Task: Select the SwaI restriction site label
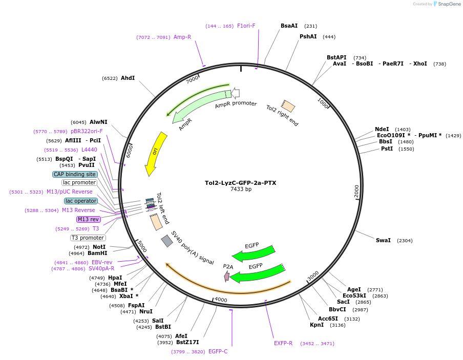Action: pos(383,240)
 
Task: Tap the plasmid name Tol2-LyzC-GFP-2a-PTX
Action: pos(241,183)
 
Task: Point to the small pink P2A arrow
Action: pos(227,277)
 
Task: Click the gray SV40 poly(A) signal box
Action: pos(167,241)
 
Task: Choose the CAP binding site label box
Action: pos(75,174)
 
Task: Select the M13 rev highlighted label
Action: pos(89,219)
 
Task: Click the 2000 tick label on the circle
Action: pos(356,191)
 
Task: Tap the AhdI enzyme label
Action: pos(128,78)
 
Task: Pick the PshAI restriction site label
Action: pos(308,37)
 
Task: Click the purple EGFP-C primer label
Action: pos(218,351)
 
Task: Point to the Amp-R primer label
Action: pos(182,37)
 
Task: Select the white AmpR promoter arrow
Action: pos(235,93)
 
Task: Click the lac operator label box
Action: pos(81,201)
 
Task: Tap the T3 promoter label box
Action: pos(88,238)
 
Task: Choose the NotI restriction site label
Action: pos(99,247)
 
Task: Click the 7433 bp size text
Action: pos(241,189)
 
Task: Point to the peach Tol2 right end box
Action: pos(288,105)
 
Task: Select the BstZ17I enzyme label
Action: pos(187,342)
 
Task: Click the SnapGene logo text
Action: pos(449,4)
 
